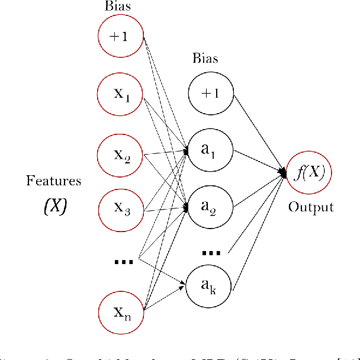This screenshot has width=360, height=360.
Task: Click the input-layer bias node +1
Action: (121, 36)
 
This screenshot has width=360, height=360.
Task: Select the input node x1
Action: (121, 93)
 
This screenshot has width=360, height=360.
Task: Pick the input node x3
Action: (121, 208)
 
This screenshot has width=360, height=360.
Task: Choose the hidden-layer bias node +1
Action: (211, 93)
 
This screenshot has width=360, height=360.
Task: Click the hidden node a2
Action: (211, 206)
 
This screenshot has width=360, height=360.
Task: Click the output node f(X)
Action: (308, 173)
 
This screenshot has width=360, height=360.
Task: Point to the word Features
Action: (53, 181)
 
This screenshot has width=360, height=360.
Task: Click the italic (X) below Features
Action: (54, 205)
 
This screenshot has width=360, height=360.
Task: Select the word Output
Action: (311, 207)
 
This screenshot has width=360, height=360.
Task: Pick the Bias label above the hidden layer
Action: (205, 59)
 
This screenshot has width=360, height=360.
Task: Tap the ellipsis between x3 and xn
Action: (123, 261)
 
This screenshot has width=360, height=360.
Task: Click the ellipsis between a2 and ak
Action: (211, 252)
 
